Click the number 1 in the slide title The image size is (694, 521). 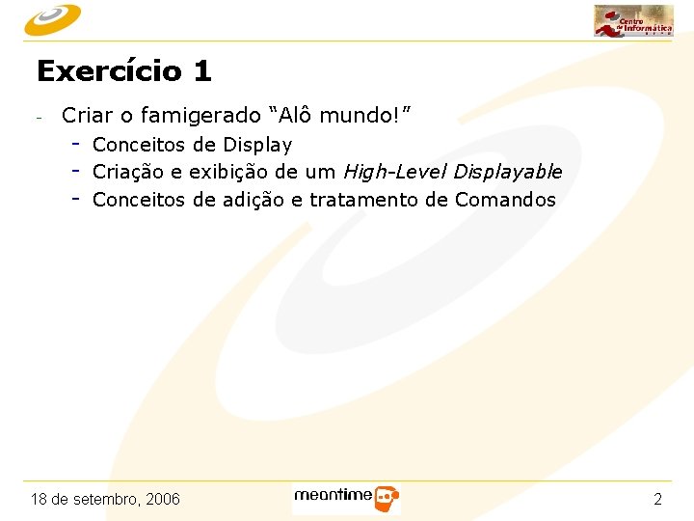pos(201,71)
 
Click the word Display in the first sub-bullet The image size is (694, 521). pos(257,146)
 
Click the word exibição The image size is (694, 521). pos(228,173)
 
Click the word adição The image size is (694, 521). pos(251,200)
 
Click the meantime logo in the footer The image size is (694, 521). pos(346,498)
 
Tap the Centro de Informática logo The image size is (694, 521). pos(633,20)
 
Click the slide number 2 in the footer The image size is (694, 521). pos(657,500)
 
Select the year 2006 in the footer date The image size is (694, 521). pos(161,500)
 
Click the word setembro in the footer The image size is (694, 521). pos(104,500)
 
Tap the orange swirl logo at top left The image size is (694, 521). pos(53,18)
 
